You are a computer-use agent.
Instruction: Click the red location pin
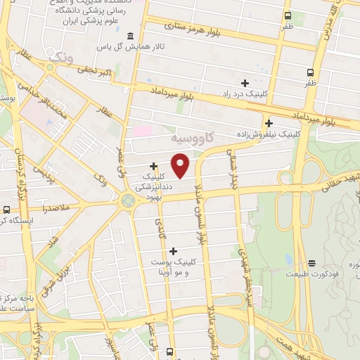(181, 165)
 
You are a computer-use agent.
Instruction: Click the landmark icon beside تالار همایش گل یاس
(129, 36)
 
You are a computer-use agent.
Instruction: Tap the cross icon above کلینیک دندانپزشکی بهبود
(153, 166)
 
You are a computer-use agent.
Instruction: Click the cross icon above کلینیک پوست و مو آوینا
(173, 250)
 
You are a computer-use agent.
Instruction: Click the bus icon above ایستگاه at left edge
(6, 210)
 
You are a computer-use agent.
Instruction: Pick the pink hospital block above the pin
(142, 131)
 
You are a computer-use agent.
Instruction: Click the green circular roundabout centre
(127, 202)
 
